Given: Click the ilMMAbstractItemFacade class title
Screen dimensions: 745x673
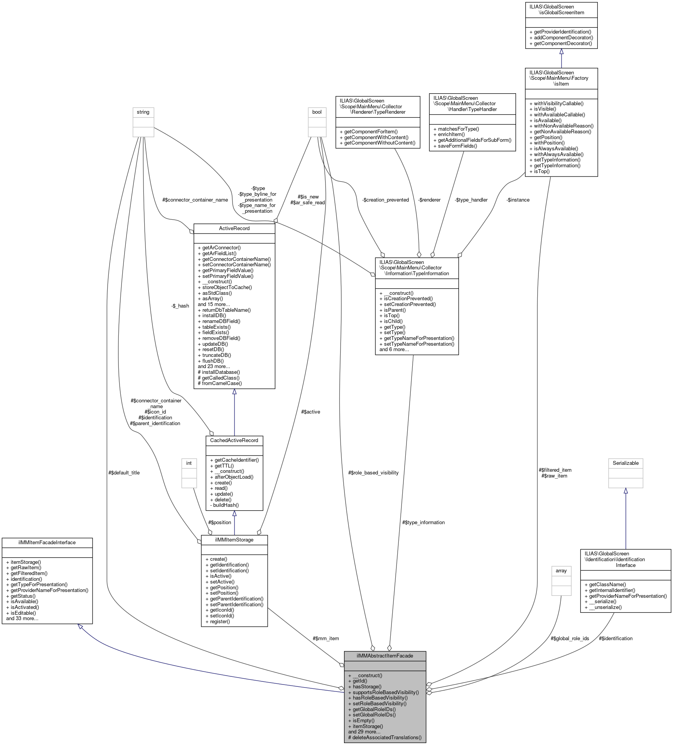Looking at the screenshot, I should (x=385, y=656).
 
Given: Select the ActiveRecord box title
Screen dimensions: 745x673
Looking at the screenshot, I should (x=234, y=229).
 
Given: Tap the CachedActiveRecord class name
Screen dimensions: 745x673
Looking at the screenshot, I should (x=234, y=441).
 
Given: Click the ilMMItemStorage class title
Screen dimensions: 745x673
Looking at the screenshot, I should (x=234, y=540).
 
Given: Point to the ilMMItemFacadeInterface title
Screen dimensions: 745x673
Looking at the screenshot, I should (x=47, y=543).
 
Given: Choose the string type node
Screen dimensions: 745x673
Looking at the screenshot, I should (x=143, y=112).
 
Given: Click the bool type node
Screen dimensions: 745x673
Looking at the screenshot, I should (x=317, y=112).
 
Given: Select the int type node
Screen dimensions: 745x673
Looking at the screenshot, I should (x=189, y=463).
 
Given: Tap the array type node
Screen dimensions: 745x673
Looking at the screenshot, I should (x=561, y=571).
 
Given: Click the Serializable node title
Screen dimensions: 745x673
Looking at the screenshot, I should (x=626, y=463).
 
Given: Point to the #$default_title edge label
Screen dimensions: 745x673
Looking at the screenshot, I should (x=124, y=473).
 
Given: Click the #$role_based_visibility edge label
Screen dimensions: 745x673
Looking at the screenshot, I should (x=373, y=473).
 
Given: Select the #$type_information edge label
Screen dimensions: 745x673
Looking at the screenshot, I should (x=423, y=523).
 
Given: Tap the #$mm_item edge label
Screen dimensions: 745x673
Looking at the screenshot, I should (x=326, y=639).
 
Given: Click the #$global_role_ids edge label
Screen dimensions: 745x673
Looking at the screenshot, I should (x=570, y=639).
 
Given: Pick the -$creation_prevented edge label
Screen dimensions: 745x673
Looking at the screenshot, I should (x=386, y=200).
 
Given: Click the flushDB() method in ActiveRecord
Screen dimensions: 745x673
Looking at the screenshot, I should (x=213, y=361).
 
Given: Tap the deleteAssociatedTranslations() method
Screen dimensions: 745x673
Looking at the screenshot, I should (x=385, y=738).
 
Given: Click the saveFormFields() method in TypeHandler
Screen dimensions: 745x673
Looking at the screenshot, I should (x=457, y=146).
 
